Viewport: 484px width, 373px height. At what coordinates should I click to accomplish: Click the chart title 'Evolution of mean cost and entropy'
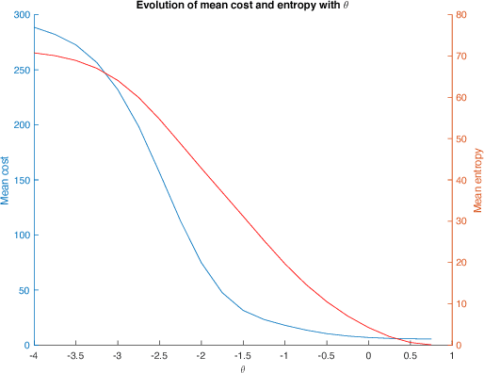[242, 7]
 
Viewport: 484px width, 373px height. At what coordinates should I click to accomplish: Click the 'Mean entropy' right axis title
[477, 180]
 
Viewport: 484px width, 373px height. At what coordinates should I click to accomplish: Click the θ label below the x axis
[243, 368]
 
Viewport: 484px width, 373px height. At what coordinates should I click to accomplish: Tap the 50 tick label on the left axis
[22, 290]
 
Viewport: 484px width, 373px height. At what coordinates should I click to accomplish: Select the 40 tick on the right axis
[463, 180]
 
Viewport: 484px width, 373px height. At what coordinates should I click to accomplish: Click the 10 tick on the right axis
[463, 303]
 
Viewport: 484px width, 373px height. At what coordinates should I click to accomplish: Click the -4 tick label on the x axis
[34, 355]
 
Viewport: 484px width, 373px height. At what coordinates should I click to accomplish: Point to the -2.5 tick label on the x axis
[159, 355]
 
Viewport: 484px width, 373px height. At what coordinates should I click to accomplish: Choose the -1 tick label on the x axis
[284, 355]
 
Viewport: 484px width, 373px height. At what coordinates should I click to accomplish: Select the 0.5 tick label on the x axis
[411, 355]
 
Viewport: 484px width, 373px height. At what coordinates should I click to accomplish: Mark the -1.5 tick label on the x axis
[243, 355]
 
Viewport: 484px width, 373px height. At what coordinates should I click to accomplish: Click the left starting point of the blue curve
[35, 27]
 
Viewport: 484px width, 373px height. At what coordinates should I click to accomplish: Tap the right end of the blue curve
[431, 339]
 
